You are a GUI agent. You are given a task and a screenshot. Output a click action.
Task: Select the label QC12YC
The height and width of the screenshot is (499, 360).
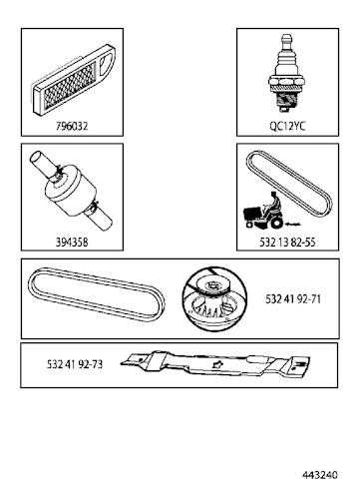click(x=286, y=128)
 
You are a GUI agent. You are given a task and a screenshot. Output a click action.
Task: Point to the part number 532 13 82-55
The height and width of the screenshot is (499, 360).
click(x=286, y=242)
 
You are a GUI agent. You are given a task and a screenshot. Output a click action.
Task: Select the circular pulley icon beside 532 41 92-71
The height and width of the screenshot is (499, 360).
click(x=210, y=297)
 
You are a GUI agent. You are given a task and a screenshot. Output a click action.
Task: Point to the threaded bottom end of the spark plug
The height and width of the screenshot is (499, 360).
click(x=286, y=108)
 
